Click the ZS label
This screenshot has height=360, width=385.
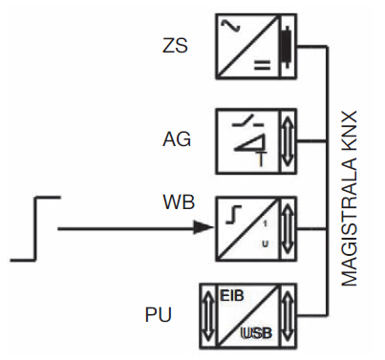click(x=175, y=45)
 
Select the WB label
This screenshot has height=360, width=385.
click(x=178, y=203)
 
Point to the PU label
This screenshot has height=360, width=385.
click(x=160, y=313)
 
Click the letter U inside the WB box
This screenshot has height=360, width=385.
click(x=264, y=244)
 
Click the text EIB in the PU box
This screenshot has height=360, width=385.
click(x=232, y=298)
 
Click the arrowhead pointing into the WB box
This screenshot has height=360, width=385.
click(x=202, y=227)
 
